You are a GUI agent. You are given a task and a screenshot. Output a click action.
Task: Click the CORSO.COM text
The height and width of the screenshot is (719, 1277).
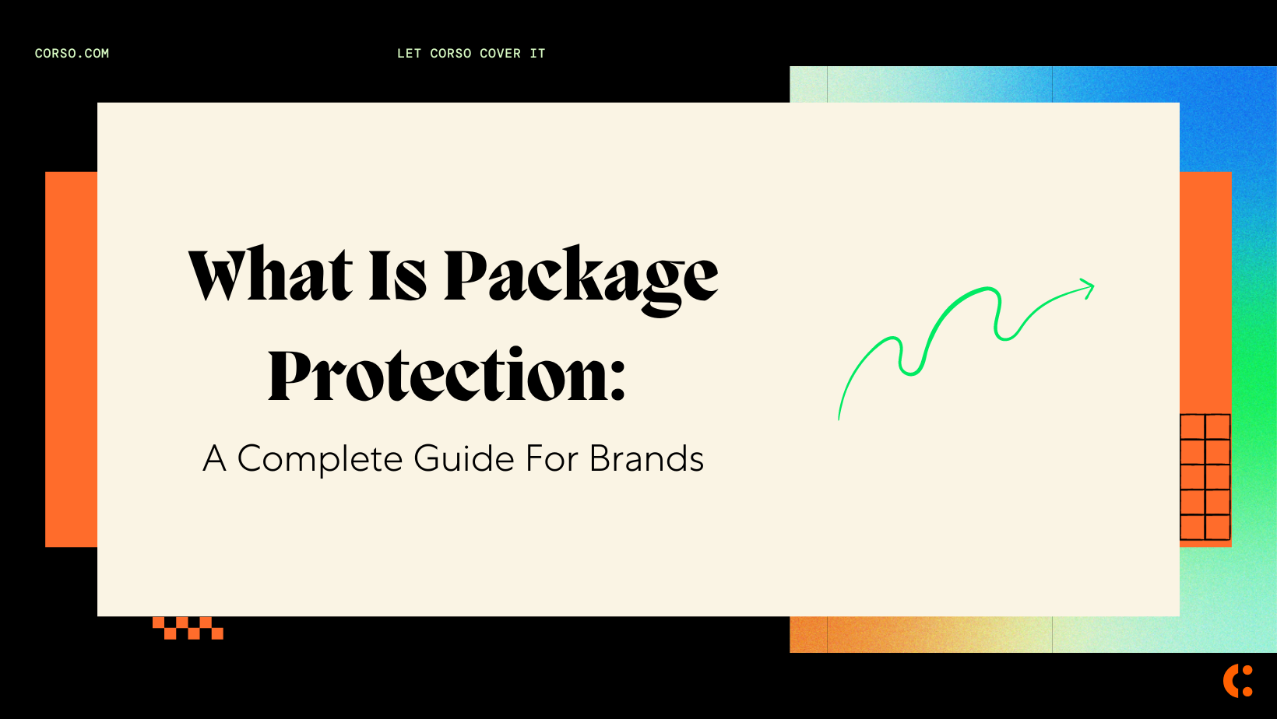coord(72,54)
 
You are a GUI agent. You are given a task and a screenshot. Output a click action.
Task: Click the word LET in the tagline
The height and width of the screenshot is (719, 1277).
coord(409,54)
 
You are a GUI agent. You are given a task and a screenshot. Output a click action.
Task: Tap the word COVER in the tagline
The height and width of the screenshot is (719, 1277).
coord(500,54)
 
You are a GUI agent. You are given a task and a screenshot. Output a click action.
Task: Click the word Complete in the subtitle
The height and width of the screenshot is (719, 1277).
coord(319,459)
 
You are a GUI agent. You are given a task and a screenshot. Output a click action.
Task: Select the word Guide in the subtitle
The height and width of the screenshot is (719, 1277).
coord(464,459)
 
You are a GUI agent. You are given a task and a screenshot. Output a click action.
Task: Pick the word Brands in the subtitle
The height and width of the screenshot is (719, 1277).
coord(646,459)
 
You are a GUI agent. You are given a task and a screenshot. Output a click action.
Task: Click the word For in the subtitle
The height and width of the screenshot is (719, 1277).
coord(552,459)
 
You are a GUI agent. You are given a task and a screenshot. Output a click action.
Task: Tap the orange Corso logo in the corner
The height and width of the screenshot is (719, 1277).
coord(1237,681)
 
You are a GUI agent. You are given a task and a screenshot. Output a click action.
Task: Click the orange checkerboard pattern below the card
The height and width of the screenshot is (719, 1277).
coord(188,628)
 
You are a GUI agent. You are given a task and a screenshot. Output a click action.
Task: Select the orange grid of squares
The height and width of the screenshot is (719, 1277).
coord(1205,477)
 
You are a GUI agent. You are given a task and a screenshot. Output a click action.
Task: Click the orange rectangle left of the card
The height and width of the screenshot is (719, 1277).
coord(71,359)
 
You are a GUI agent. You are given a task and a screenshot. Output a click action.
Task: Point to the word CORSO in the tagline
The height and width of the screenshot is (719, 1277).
coord(450,54)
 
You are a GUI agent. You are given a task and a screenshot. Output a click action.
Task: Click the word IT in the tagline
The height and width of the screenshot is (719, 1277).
coord(537,54)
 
